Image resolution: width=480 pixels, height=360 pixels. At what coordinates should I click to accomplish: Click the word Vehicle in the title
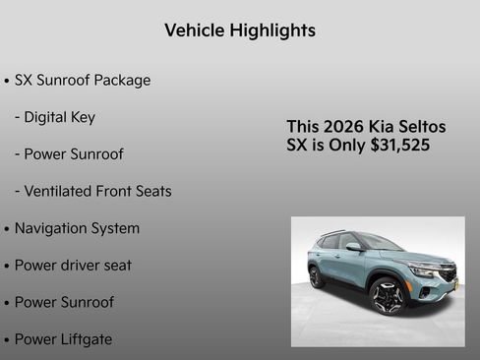(x=194, y=30)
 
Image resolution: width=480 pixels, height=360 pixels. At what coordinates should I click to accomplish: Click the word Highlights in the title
(x=272, y=30)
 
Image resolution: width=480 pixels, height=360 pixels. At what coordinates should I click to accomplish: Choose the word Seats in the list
(x=150, y=191)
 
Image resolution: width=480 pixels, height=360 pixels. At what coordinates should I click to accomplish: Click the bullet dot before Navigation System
(x=7, y=229)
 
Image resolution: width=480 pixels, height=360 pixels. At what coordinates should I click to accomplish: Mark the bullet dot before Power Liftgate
(x=7, y=340)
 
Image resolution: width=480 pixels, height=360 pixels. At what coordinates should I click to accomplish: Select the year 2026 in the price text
(x=342, y=127)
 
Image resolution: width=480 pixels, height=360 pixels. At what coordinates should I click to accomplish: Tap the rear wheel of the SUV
(x=316, y=277)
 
